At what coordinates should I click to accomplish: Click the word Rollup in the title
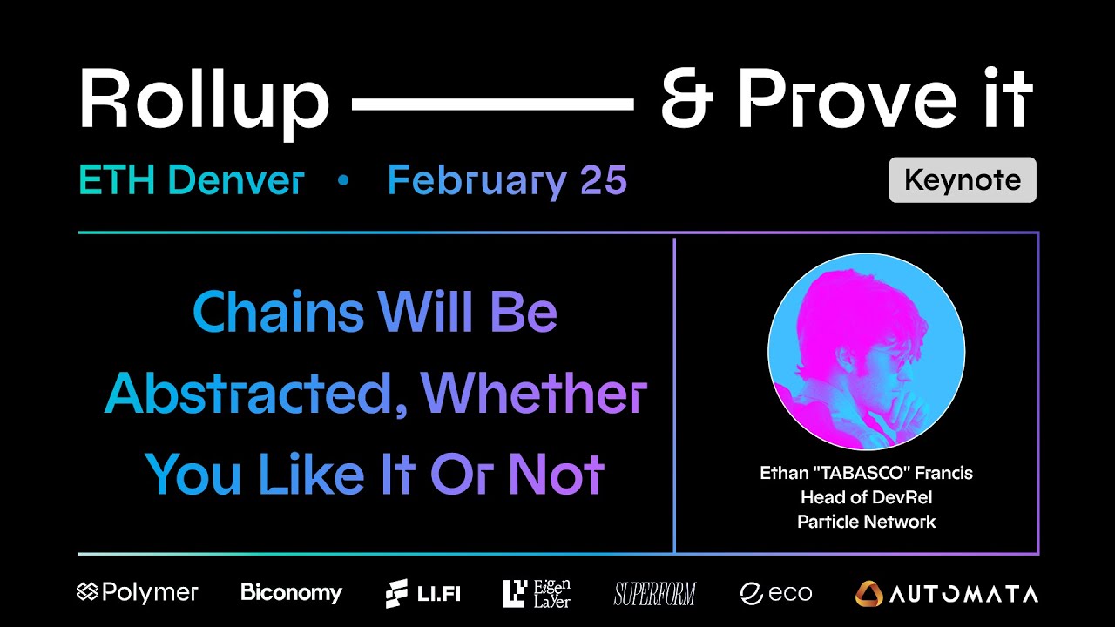(204, 100)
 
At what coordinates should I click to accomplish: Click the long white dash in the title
(492, 104)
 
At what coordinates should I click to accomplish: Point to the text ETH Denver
(191, 180)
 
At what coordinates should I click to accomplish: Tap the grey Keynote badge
(962, 179)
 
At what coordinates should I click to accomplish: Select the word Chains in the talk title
(279, 313)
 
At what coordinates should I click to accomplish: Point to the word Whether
(534, 394)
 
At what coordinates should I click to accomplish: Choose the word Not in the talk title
(557, 475)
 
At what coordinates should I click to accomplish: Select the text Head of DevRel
(865, 497)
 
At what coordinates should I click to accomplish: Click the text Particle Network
(866, 522)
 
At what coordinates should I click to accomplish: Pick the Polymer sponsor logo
(138, 593)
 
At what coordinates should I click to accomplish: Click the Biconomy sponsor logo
(291, 593)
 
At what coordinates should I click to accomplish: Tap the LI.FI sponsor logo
(422, 593)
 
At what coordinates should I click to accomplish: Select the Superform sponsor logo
(654, 594)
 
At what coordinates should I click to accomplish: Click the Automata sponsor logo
(946, 594)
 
